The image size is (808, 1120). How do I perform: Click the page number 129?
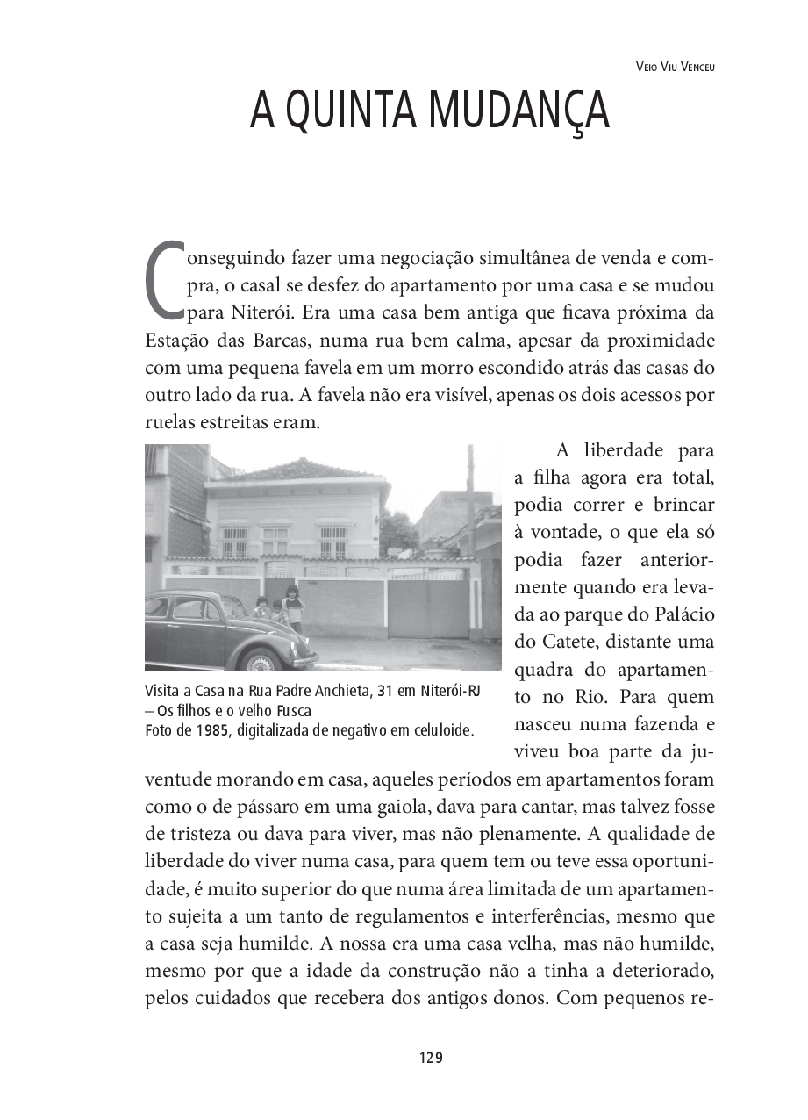coord(431,1058)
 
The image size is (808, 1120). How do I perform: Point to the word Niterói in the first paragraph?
coord(261,312)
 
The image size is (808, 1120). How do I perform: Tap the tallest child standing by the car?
coord(294,608)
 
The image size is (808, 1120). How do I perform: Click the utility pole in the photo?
coord(470,509)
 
